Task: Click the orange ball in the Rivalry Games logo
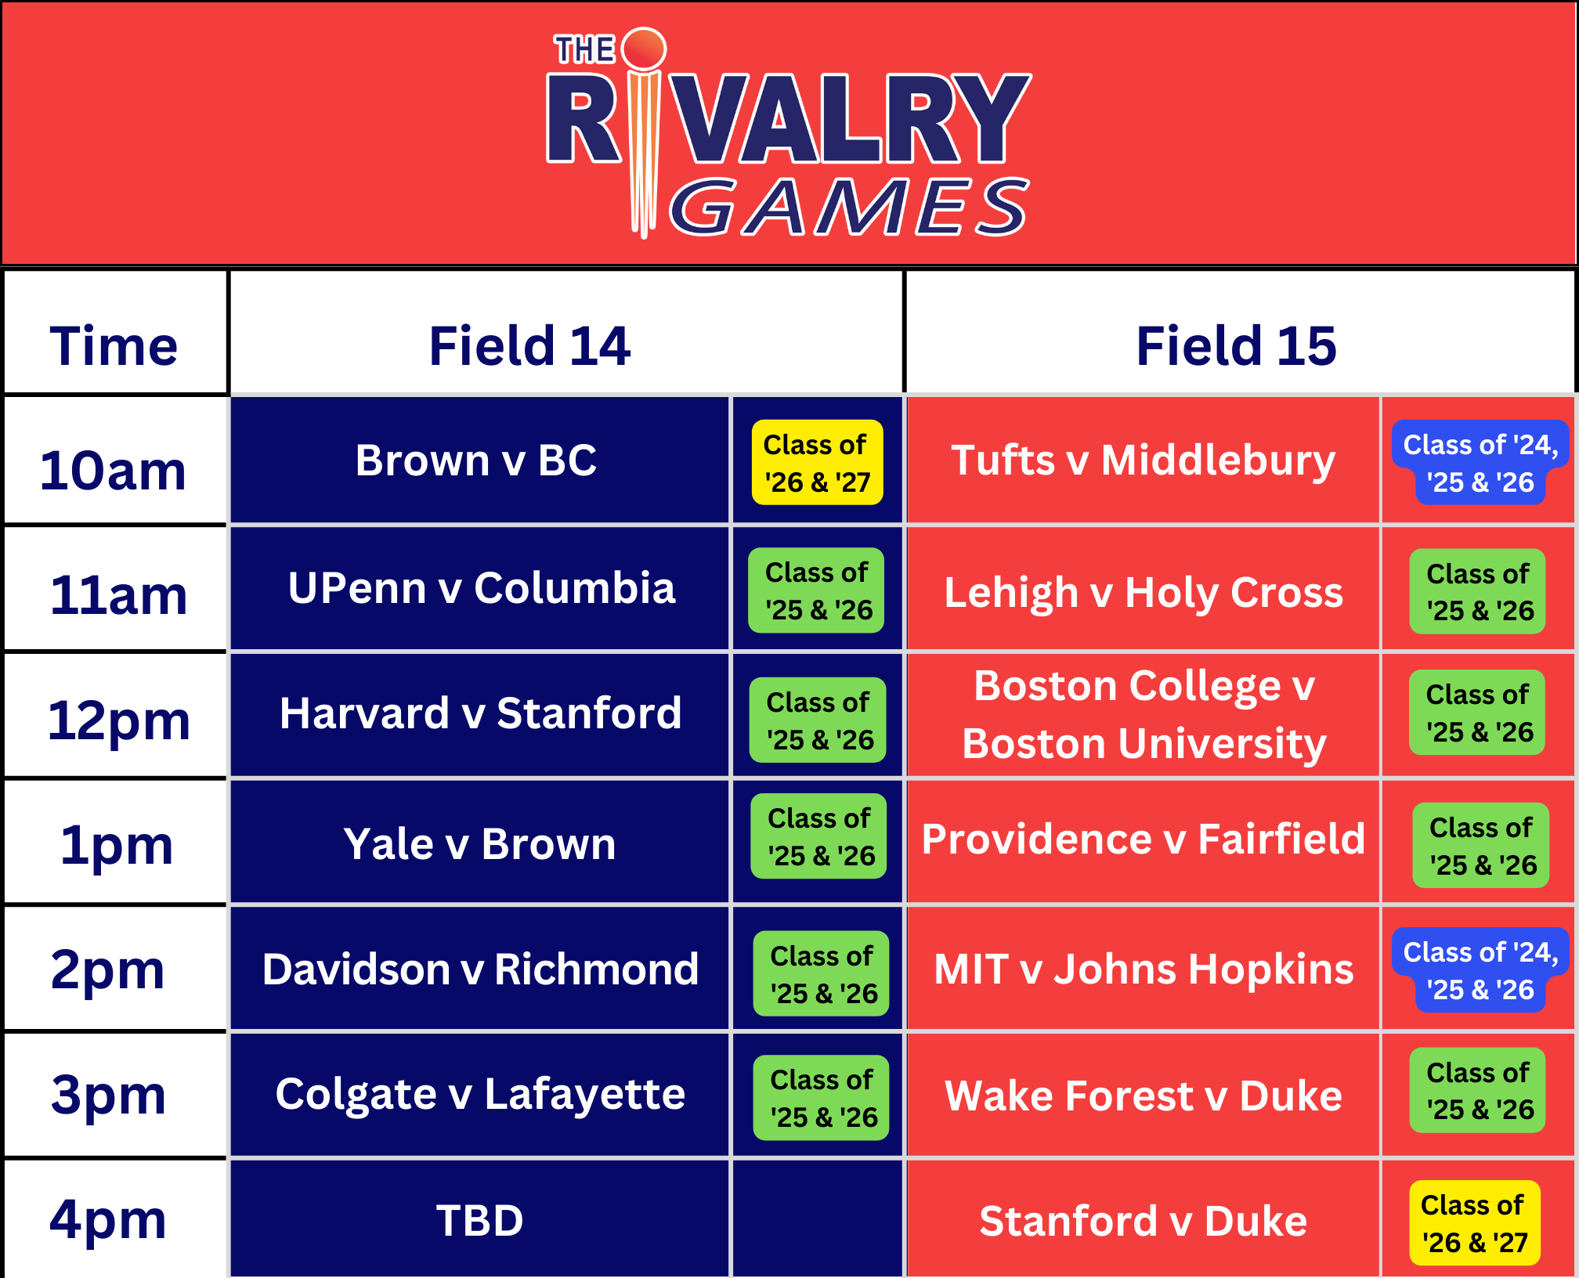pos(644,49)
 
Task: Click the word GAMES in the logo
pos(848,208)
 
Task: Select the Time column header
pos(114,345)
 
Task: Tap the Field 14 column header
pos(529,345)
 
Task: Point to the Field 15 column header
pos(1236,345)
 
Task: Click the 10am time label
pos(114,471)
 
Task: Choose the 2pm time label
pos(108,969)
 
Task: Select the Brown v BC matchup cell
pos(476,460)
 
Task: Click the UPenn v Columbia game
pos(481,587)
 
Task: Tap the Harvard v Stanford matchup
pos(480,713)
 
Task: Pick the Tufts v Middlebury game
pos(1143,460)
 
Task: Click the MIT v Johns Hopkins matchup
pos(1144,969)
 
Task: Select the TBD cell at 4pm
pos(479,1220)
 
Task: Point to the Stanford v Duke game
pos(1143,1221)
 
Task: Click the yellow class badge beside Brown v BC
pos(817,463)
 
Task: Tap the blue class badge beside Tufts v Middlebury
pos(1480,463)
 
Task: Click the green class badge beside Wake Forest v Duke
pos(1477,1091)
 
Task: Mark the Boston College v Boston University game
pos(1144,714)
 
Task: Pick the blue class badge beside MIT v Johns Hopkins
pos(1480,970)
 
